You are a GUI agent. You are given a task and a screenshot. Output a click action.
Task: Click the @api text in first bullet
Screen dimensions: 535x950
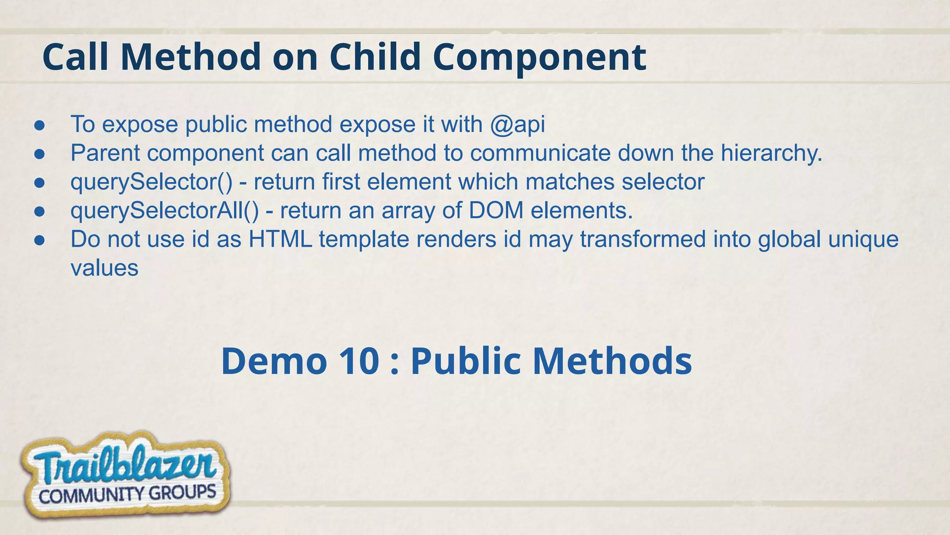(x=517, y=124)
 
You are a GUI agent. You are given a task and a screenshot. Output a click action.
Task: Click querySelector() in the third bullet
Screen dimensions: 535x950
(x=151, y=182)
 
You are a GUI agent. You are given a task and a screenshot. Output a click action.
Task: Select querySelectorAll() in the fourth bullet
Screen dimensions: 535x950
(x=164, y=211)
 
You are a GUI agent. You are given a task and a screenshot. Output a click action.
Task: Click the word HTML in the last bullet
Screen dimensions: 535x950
(x=280, y=240)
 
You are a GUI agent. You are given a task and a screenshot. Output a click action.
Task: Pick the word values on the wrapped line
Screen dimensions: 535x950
(x=104, y=268)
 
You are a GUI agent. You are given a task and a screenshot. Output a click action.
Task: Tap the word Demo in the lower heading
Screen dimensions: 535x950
(x=274, y=361)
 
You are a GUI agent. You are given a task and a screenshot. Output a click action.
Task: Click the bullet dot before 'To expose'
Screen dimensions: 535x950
(x=39, y=125)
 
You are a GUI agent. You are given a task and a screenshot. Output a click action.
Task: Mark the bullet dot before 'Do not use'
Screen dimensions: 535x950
(x=39, y=241)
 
